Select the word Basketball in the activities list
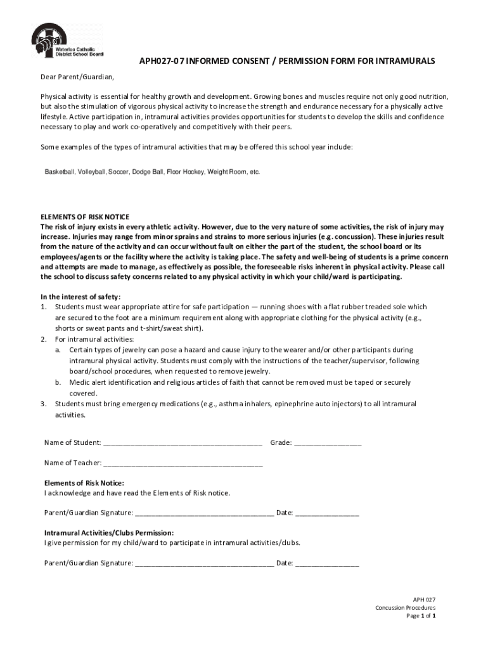tap(60, 172)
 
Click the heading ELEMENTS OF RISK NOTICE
tap(85, 217)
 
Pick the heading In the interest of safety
tap(80, 297)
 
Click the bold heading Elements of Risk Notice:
tap(84, 483)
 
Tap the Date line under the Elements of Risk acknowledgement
tap(327, 513)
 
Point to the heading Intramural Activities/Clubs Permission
tap(108, 533)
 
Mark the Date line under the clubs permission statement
tap(327, 563)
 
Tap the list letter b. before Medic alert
tap(58, 383)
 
